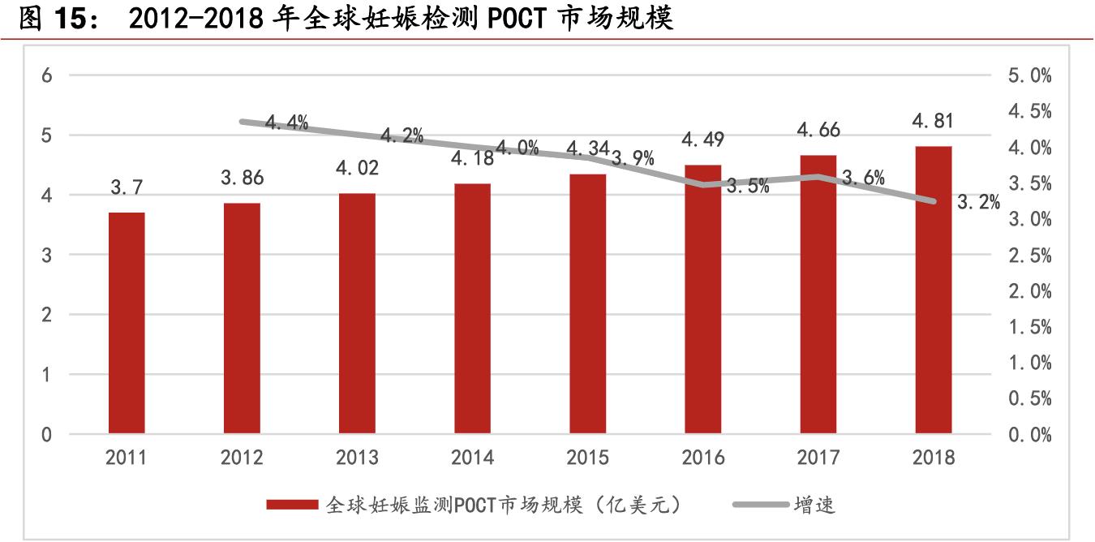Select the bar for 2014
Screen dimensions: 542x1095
pos(472,308)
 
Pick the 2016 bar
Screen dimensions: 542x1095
pos(702,299)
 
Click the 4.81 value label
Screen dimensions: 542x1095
pos(933,121)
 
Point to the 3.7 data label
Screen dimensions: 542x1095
pos(127,188)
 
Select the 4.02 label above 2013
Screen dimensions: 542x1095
pos(357,168)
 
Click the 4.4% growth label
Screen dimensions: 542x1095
pos(286,123)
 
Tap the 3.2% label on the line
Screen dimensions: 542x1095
pos(978,203)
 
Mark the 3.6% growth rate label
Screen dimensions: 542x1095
pos(863,179)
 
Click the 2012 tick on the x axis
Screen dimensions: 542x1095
pos(242,458)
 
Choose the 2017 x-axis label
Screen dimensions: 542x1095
pos(818,458)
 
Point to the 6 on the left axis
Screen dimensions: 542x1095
pos(46,75)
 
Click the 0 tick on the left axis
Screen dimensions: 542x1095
pos(46,435)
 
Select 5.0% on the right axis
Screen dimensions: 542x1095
pos(1029,76)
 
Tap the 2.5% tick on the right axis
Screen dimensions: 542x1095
pos(1029,256)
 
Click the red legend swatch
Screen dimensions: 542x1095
pos(292,505)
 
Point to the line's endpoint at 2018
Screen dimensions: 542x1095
pos(934,201)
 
